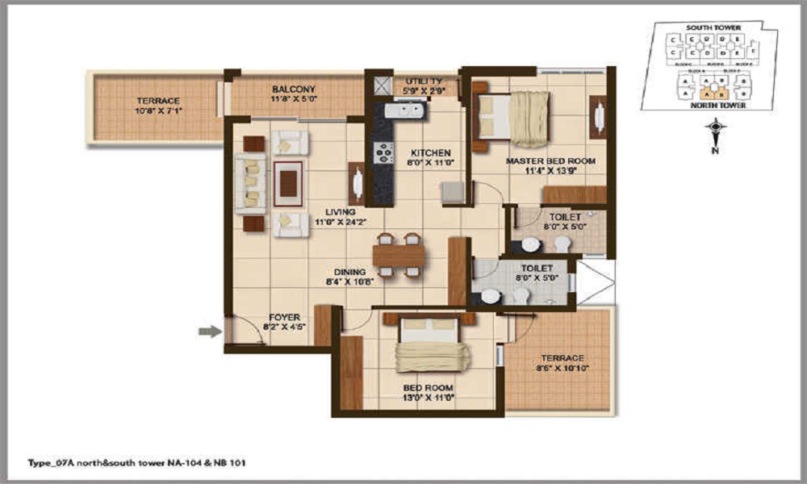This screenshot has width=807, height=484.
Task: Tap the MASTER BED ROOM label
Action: click(x=550, y=161)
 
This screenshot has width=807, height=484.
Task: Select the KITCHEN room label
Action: click(x=430, y=152)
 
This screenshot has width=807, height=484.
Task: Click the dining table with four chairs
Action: click(x=398, y=255)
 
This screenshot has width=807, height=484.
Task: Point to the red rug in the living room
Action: click(x=288, y=184)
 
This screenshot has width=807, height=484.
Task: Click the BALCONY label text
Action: click(x=293, y=89)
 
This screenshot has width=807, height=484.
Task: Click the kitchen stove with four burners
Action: click(x=383, y=152)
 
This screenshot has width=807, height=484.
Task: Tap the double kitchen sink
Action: click(x=399, y=111)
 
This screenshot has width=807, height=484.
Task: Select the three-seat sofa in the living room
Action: click(x=251, y=184)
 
